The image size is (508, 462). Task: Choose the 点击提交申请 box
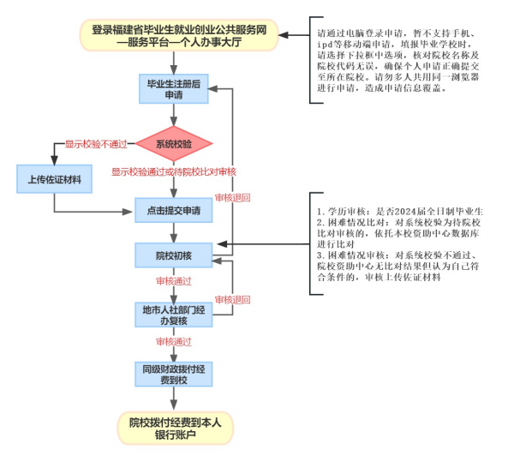point(173,211)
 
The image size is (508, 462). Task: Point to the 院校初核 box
point(173,255)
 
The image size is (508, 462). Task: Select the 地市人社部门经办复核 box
point(173,315)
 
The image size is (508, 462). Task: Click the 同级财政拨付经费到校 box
point(173,373)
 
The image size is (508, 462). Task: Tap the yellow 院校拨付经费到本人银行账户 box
point(175,427)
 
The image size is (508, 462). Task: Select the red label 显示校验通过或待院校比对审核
point(173,172)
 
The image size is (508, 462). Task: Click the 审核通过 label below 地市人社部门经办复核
point(173,342)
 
